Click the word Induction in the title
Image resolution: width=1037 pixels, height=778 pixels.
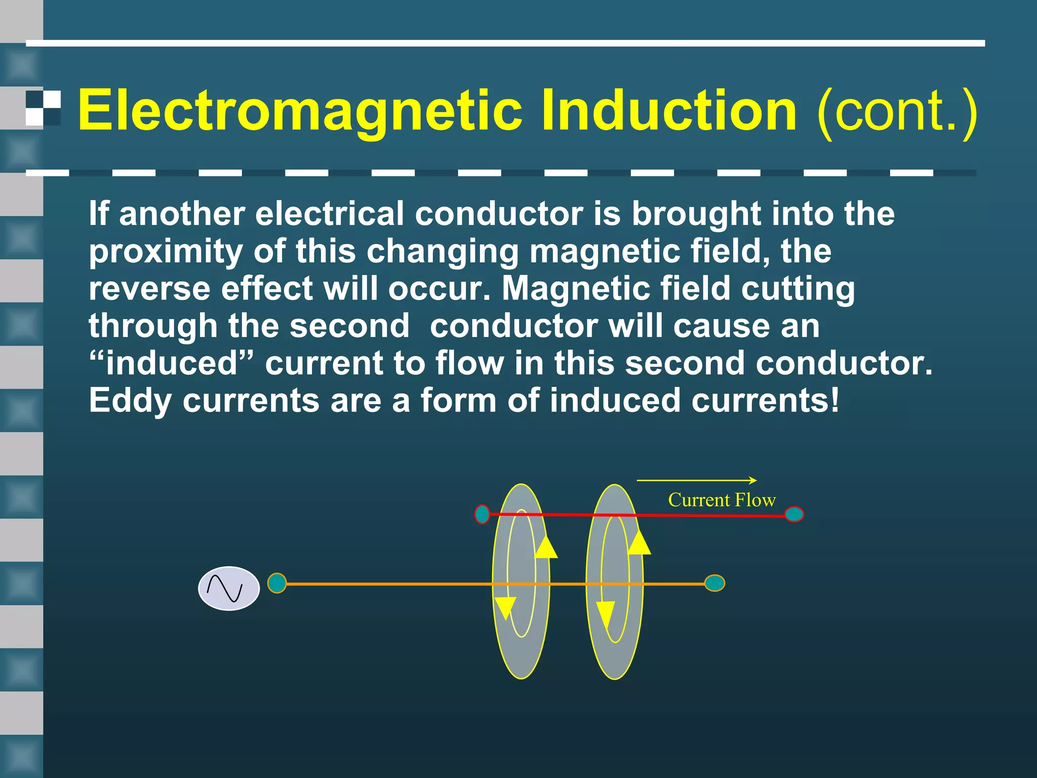point(668,110)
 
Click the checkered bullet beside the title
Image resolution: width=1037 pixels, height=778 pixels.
point(43,108)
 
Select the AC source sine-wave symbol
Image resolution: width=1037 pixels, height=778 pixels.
point(229,588)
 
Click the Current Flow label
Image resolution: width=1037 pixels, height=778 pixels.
point(722,500)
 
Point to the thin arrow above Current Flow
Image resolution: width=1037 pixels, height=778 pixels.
point(696,480)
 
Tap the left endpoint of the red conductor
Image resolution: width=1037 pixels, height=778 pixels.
point(482,514)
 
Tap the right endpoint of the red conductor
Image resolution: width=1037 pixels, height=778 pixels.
point(794,515)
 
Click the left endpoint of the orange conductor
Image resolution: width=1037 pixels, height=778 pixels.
point(277,583)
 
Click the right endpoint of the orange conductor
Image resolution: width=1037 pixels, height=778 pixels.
point(714,583)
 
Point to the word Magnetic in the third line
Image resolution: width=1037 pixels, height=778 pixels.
point(575,288)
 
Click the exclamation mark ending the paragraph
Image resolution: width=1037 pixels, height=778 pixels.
point(834,400)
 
